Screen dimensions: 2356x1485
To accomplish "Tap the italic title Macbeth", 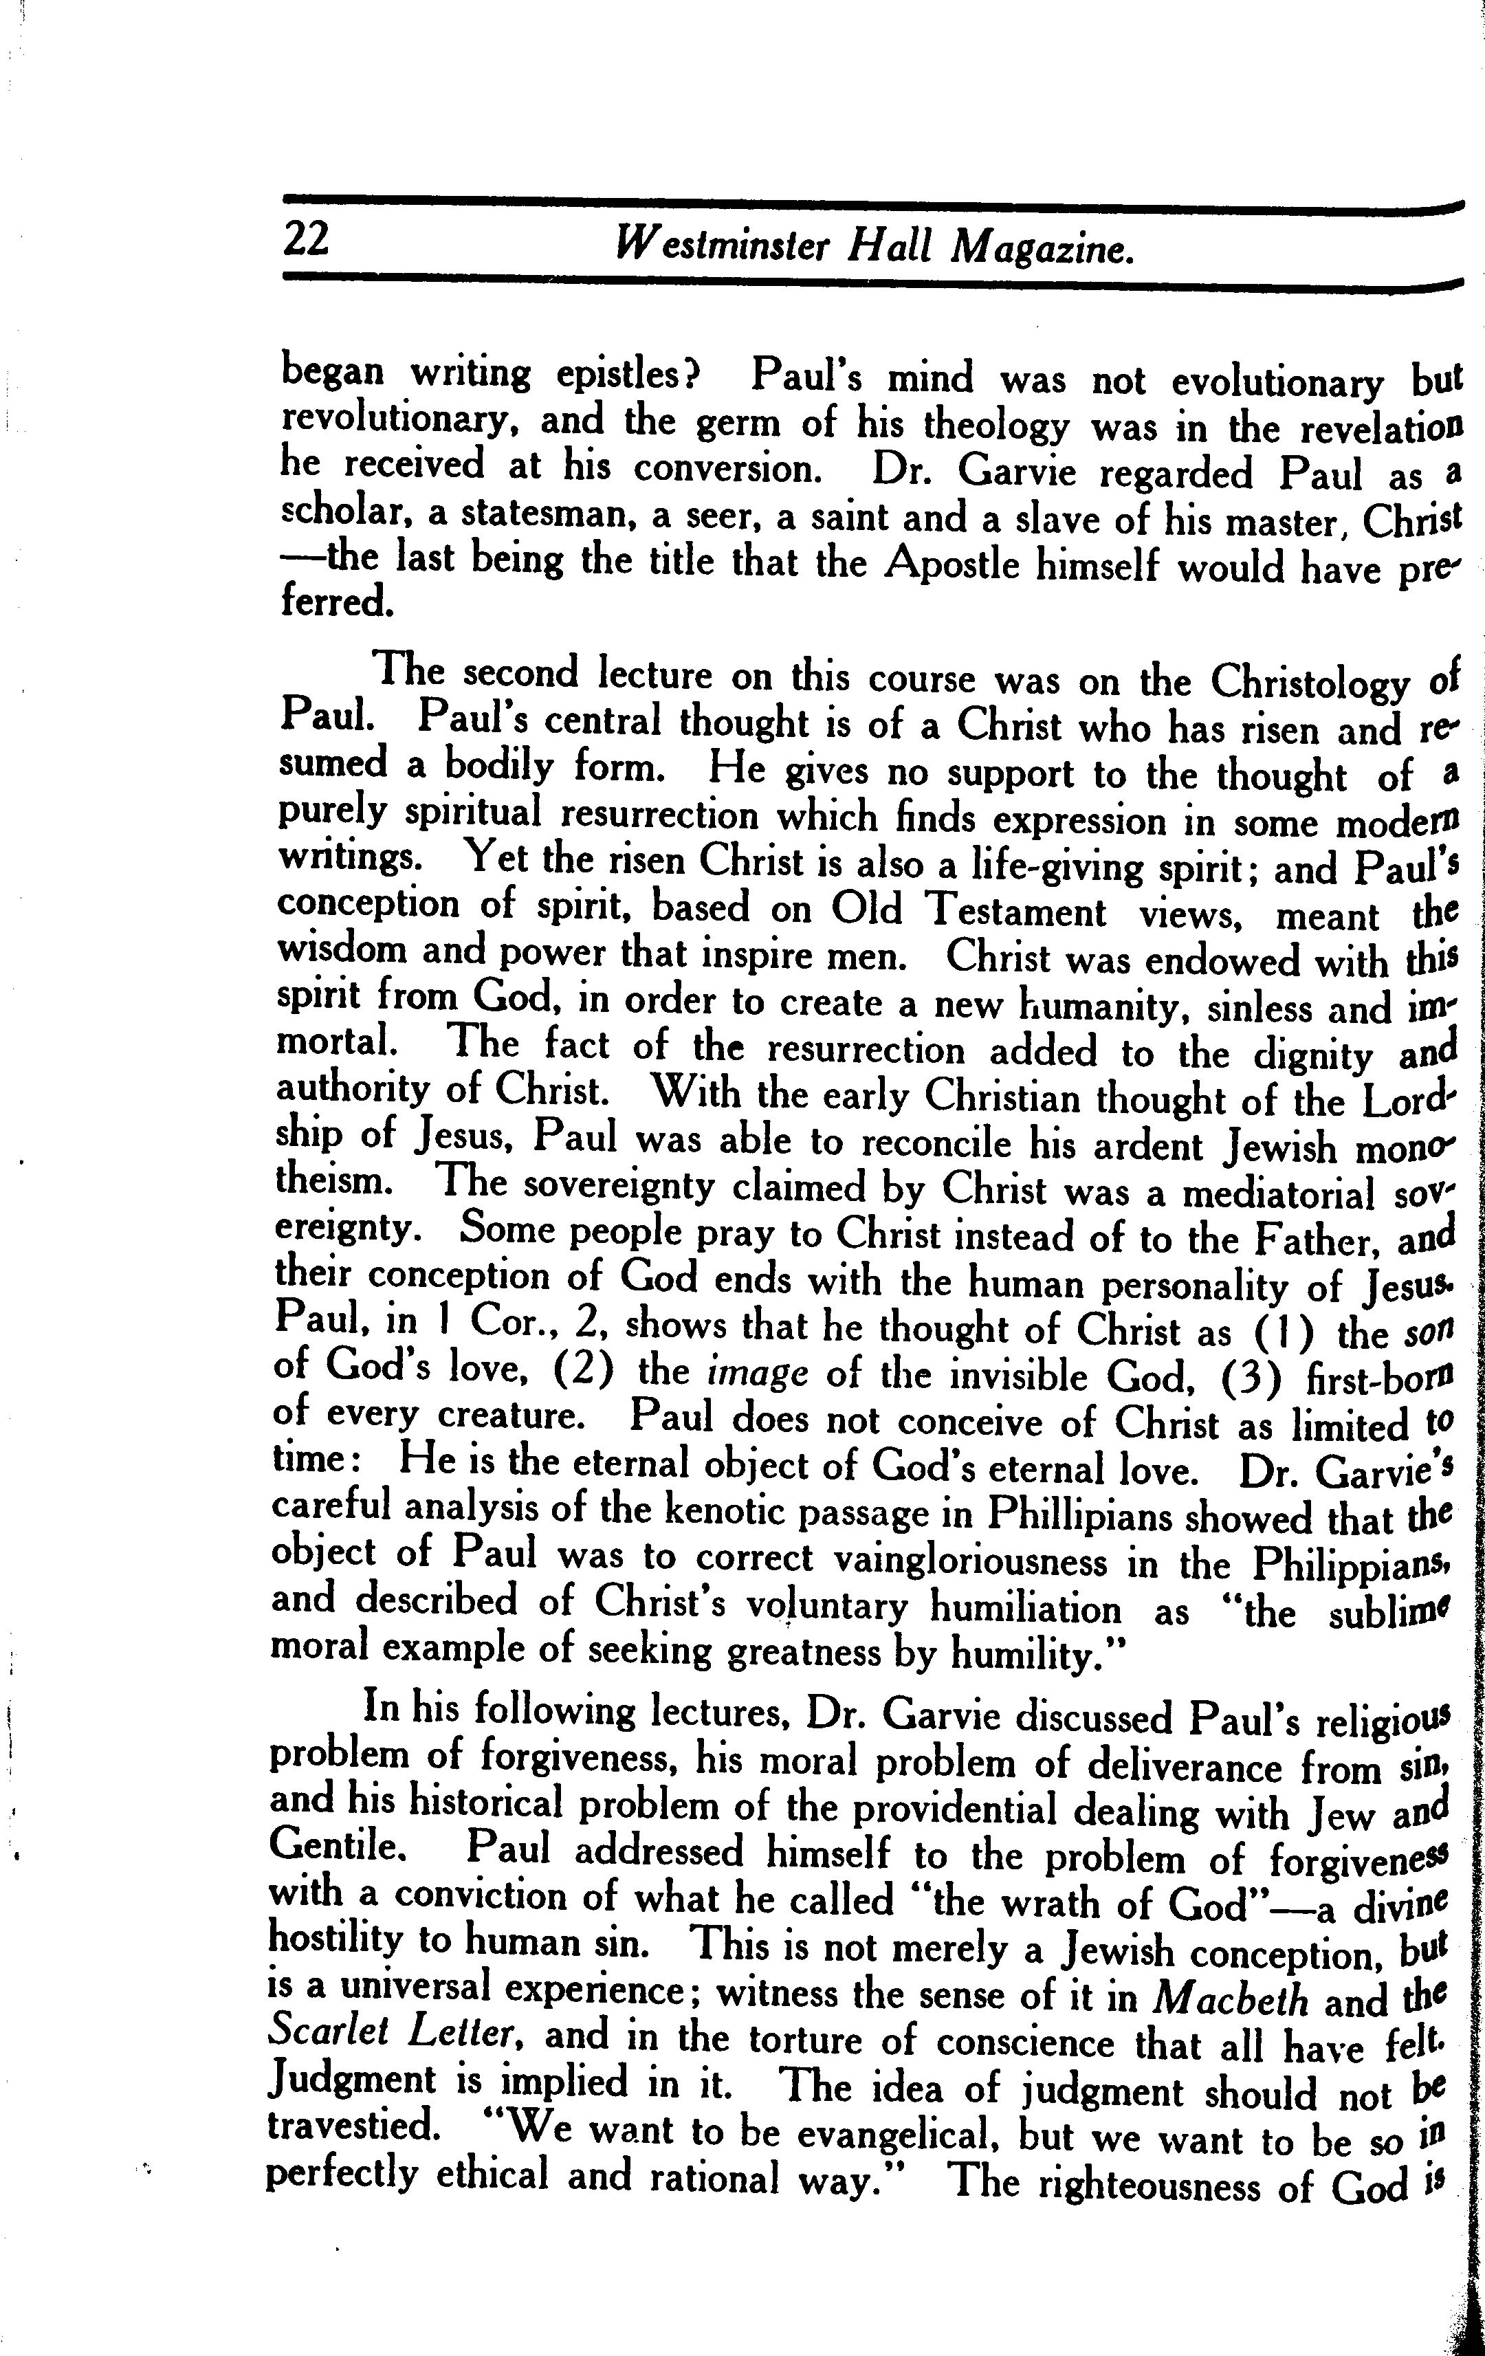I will coord(1231,1998).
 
